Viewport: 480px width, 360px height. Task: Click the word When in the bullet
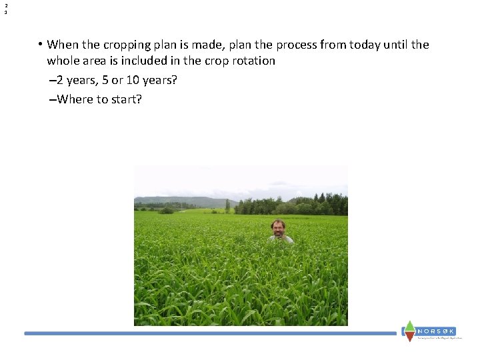coord(63,45)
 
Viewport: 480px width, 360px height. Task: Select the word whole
coord(63,61)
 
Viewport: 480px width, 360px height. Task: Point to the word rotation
coord(249,61)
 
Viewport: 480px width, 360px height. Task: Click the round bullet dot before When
coord(41,45)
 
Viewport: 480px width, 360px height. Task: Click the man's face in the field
coord(278,228)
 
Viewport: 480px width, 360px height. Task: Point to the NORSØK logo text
coord(436,331)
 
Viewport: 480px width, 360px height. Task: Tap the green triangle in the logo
coord(410,326)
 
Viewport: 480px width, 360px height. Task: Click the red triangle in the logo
coord(410,337)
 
